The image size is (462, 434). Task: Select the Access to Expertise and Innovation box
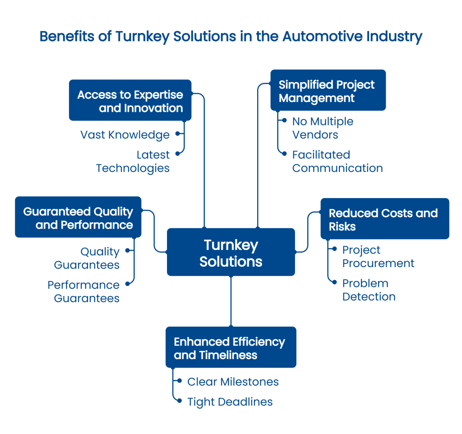(x=130, y=100)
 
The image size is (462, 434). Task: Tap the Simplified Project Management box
(x=328, y=90)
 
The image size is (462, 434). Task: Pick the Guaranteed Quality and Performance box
(x=78, y=217)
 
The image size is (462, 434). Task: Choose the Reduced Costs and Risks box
(x=384, y=219)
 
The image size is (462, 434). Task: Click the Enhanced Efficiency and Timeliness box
(x=231, y=347)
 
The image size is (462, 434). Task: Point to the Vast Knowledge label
(x=125, y=134)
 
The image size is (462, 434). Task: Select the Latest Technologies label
(x=133, y=162)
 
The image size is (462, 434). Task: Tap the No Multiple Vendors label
(x=323, y=128)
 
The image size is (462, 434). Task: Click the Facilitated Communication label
(x=337, y=162)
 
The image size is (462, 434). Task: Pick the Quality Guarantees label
(x=87, y=258)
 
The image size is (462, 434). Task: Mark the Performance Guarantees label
(x=83, y=291)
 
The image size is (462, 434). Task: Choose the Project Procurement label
(x=378, y=256)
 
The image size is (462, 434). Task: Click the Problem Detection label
(x=369, y=290)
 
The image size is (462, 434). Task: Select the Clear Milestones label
(x=233, y=382)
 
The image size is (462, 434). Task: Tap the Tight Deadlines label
(x=230, y=402)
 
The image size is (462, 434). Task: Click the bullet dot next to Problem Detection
(x=334, y=282)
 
